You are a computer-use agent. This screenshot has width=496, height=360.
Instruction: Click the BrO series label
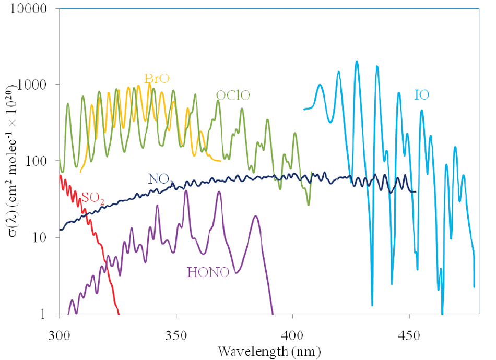coord(158,79)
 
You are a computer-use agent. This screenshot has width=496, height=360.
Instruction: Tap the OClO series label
coord(233,95)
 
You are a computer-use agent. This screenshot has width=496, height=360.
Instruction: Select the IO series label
coord(422,95)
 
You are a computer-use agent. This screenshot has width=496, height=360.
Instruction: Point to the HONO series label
coord(208,272)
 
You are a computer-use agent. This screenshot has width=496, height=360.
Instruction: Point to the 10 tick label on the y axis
coord(45,238)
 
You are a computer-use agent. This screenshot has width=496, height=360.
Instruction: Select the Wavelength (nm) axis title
coord(268,349)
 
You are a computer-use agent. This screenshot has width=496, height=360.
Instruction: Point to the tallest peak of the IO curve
coord(357,62)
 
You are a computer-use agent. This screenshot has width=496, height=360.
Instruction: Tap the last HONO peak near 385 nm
coord(255,216)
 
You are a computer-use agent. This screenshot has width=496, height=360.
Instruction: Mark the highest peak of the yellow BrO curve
coord(150,84)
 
